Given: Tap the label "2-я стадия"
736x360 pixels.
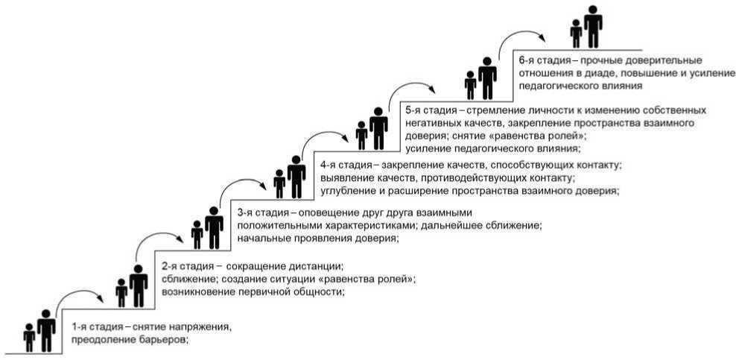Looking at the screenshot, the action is click(x=188, y=266).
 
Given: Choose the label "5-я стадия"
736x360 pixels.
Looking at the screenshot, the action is click(x=428, y=110).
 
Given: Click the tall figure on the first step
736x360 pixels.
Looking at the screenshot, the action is click(x=46, y=329).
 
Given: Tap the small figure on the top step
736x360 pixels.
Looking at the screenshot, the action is click(x=576, y=33).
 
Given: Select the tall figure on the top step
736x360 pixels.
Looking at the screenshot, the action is click(x=593, y=26).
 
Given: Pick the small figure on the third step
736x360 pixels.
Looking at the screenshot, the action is click(x=197, y=234).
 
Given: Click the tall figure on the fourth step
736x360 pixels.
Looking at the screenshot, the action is click(x=296, y=176).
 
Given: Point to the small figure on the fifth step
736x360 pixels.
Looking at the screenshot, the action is click(x=362, y=135).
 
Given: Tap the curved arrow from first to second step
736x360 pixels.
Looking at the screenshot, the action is click(x=81, y=292).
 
